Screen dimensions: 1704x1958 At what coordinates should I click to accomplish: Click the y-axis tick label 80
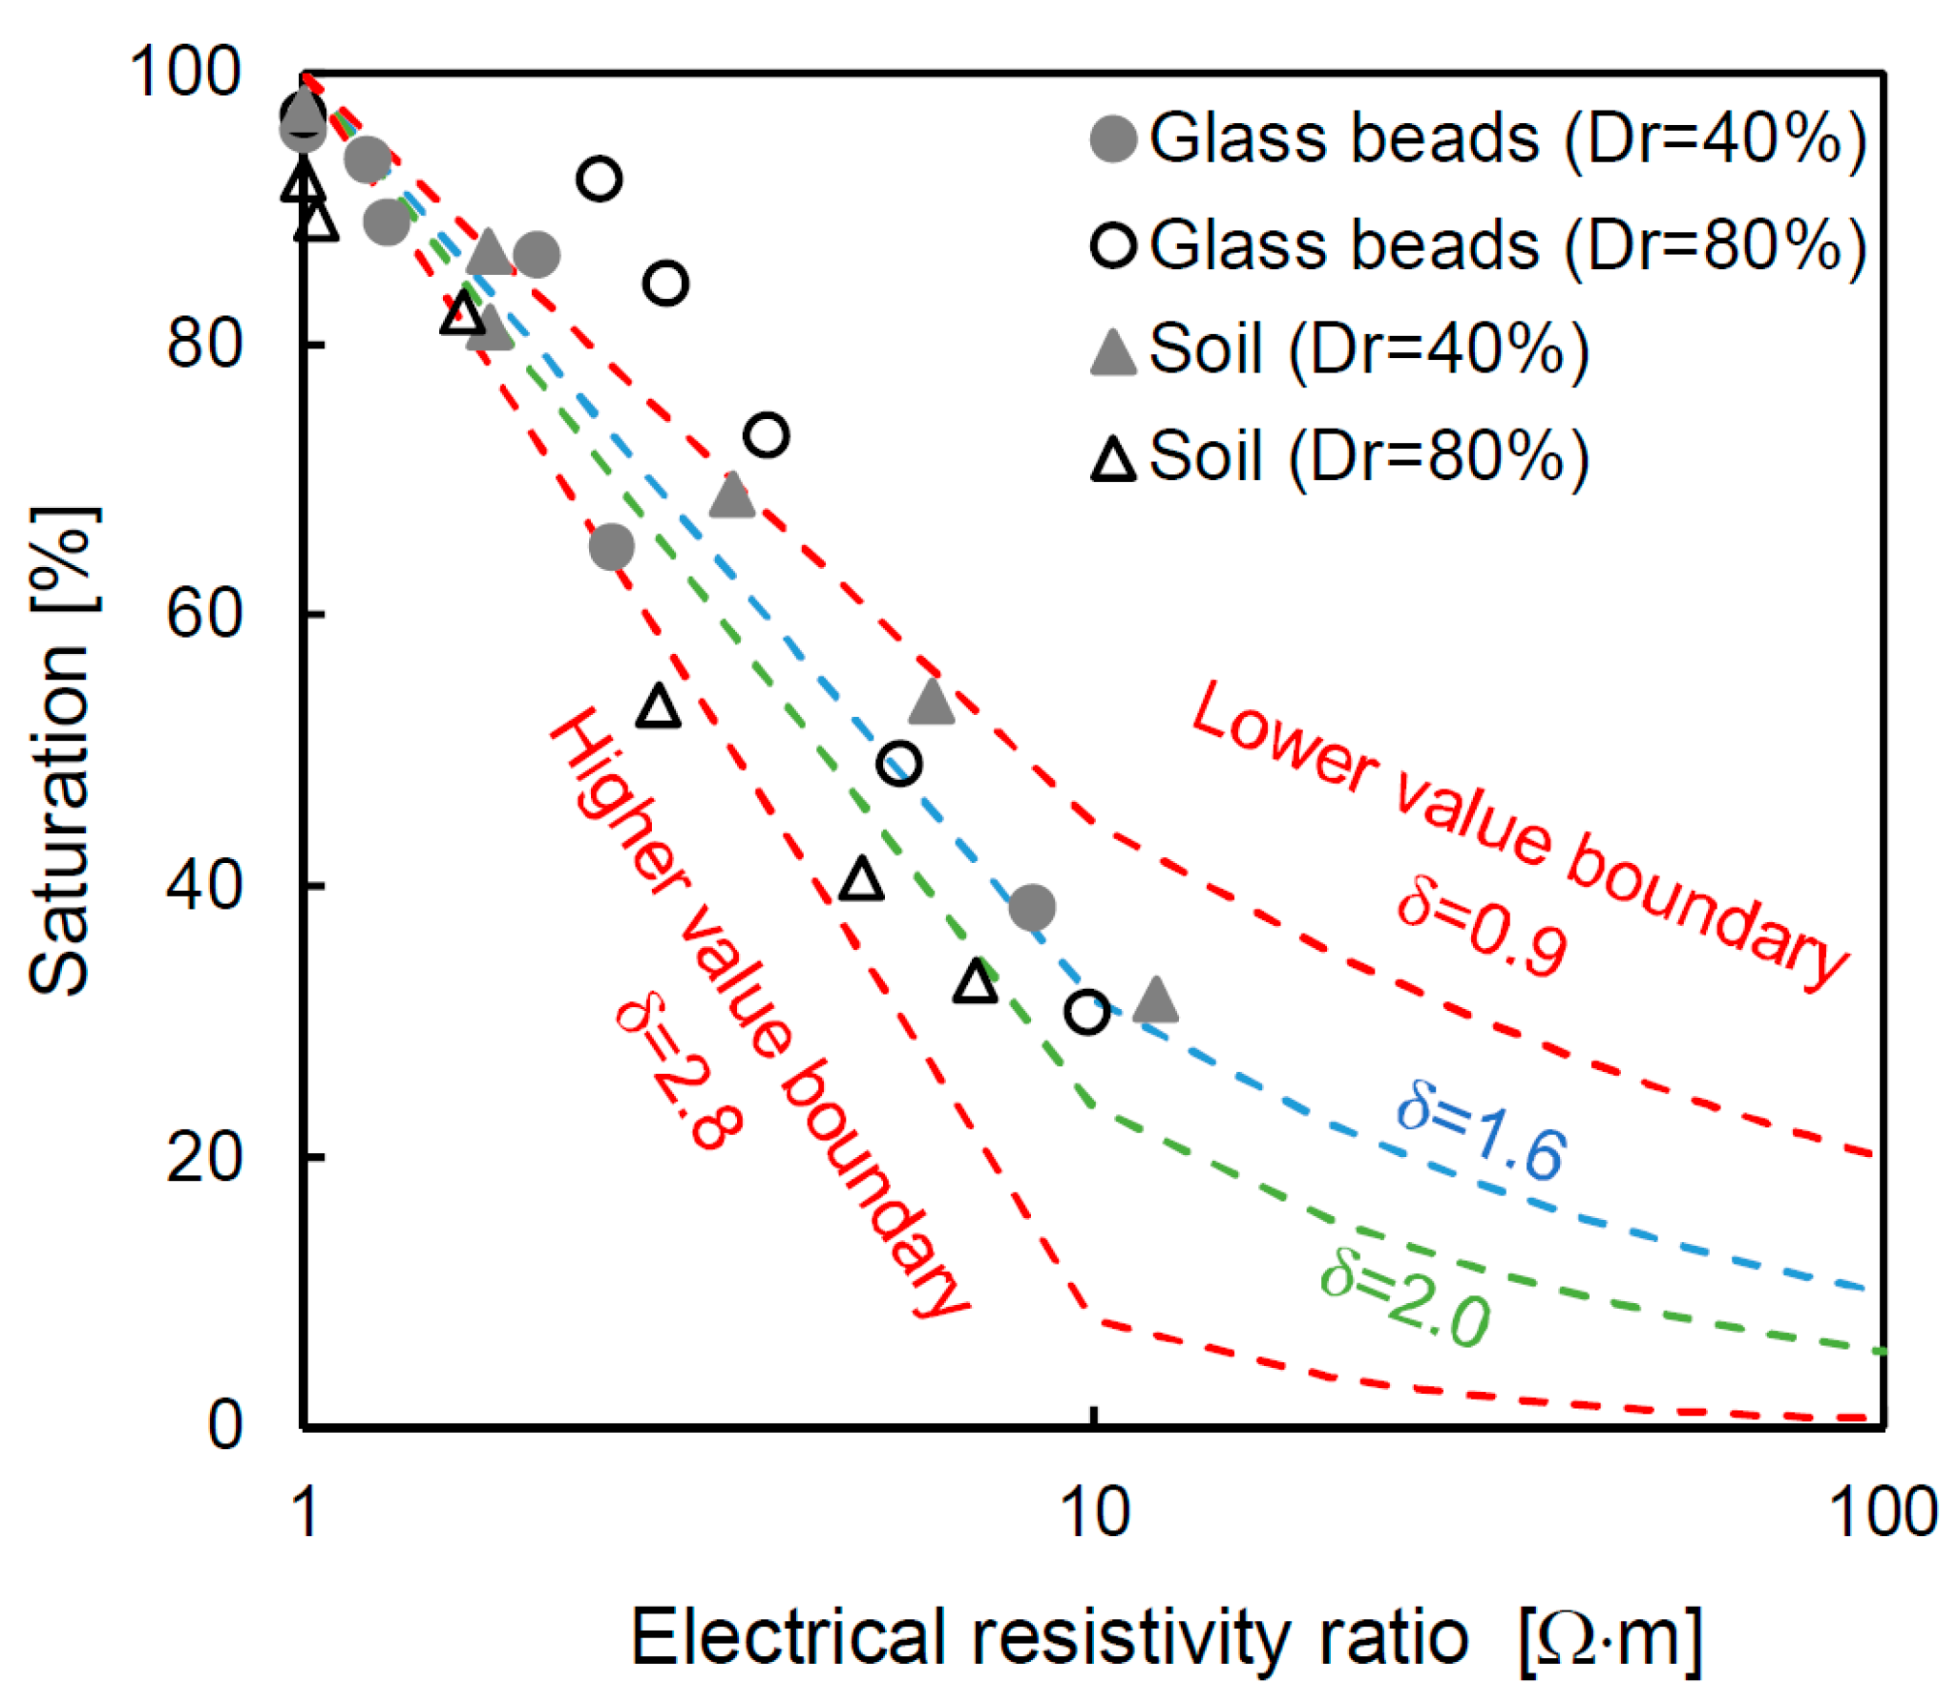[x=204, y=344]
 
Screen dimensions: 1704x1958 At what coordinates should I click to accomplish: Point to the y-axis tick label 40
[x=204, y=885]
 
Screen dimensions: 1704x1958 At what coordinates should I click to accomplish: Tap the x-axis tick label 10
[x=1095, y=1513]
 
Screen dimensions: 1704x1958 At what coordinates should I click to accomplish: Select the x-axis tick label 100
[x=1882, y=1513]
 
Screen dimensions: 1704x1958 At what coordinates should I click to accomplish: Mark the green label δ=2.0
[x=1405, y=1299]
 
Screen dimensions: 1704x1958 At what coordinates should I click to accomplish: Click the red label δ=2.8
[x=678, y=1074]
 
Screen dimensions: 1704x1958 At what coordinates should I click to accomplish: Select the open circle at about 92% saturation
[x=599, y=179]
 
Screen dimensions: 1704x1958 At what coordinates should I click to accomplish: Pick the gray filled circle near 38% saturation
[x=1032, y=907]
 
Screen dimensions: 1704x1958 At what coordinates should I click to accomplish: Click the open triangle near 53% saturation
[x=659, y=707]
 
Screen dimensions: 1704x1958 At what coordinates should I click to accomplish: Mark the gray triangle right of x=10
[x=1155, y=1001]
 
